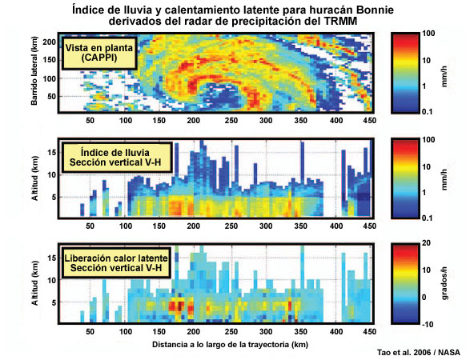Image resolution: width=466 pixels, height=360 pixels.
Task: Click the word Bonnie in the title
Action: click(375, 10)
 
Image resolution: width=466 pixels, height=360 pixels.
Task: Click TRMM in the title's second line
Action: click(341, 21)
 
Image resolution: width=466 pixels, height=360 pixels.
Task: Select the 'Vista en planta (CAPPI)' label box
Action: click(99, 53)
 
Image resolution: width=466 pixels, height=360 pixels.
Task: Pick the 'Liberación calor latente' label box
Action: click(116, 263)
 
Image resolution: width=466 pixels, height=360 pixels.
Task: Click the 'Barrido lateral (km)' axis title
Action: click(34, 71)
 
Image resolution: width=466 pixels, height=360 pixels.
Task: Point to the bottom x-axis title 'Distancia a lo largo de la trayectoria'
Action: click(220, 345)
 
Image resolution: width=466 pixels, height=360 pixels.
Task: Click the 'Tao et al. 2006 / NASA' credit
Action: click(419, 353)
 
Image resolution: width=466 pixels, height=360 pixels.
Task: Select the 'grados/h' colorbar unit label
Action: click(444, 283)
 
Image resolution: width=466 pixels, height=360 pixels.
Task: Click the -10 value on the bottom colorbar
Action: click(428, 324)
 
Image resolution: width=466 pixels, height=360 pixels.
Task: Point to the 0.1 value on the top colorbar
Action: click(427, 112)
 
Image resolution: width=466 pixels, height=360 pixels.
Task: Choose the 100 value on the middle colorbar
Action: click(428, 140)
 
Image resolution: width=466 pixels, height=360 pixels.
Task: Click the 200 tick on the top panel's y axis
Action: click(50, 42)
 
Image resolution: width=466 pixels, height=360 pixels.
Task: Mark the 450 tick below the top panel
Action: click(370, 121)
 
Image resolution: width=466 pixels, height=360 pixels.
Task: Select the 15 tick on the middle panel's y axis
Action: click(52, 153)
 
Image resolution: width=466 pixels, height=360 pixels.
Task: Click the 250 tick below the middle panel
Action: click(231, 226)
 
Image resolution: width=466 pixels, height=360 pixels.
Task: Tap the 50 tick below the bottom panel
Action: click(90, 332)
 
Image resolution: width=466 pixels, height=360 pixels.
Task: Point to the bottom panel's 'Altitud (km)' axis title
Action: click(34, 283)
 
